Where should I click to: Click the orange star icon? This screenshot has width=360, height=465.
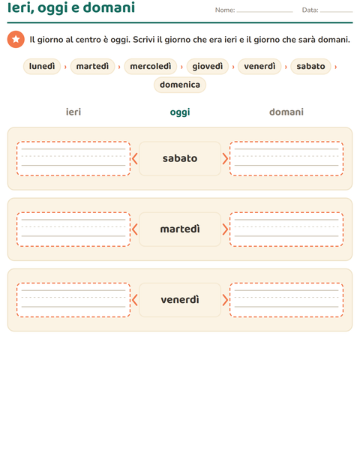pyautogui.click(x=16, y=39)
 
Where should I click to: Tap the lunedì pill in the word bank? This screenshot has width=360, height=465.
pyautogui.click(x=42, y=66)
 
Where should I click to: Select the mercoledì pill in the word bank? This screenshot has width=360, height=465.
pyautogui.click(x=150, y=66)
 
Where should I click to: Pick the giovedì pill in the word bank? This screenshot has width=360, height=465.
pyautogui.click(x=207, y=66)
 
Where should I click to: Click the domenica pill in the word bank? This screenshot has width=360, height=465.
pyautogui.click(x=180, y=85)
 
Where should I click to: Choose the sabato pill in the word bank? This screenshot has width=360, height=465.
pyautogui.click(x=310, y=66)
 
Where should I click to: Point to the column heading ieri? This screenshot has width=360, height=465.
pyautogui.click(x=73, y=112)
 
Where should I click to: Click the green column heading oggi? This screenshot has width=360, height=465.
pyautogui.click(x=180, y=112)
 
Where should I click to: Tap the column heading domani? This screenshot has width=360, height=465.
pyautogui.click(x=286, y=112)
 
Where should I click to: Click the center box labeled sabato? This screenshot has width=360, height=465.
pyautogui.click(x=180, y=158)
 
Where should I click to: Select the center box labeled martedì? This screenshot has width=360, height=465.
pyautogui.click(x=180, y=229)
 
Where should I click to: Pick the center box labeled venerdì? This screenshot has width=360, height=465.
pyautogui.click(x=180, y=299)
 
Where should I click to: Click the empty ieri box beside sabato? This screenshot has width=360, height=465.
pyautogui.click(x=73, y=158)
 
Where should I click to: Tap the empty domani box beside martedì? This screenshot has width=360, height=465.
pyautogui.click(x=286, y=229)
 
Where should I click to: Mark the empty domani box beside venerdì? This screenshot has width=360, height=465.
pyautogui.click(x=286, y=299)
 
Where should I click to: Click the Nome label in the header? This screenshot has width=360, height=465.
pyautogui.click(x=225, y=10)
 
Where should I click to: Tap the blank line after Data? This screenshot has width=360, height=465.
pyautogui.click(x=336, y=12)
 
